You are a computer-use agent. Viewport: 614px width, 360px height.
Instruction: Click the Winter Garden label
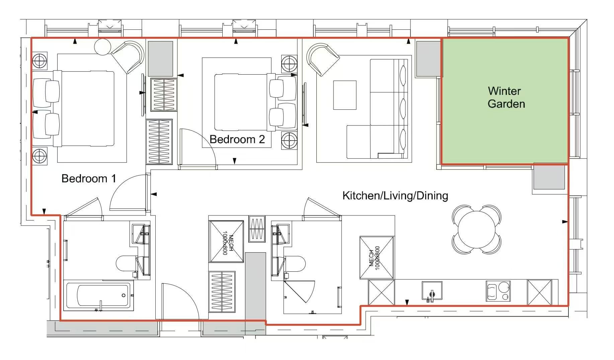pyautogui.click(x=506, y=97)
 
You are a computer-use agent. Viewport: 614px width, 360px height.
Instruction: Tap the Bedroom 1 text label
pyautogui.click(x=89, y=178)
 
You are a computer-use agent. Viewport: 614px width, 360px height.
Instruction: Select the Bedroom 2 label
pyautogui.click(x=237, y=139)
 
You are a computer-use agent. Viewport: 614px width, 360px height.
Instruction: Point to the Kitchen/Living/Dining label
pyautogui.click(x=395, y=195)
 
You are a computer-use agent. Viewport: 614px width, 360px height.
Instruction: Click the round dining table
pyautogui.click(x=477, y=230)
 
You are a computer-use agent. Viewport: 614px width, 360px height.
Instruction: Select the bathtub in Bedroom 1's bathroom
pyautogui.click(x=98, y=295)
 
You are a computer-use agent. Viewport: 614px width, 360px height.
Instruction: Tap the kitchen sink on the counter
pyautogui.click(x=432, y=291)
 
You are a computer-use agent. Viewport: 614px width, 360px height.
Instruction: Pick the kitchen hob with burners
pyautogui.click(x=498, y=291)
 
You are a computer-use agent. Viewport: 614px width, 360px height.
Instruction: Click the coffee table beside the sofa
pyautogui.click(x=344, y=95)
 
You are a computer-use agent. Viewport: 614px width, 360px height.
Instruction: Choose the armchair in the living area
pyautogui.click(x=323, y=59)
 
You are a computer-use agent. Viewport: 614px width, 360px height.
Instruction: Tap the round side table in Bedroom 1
pyautogui.click(x=102, y=47)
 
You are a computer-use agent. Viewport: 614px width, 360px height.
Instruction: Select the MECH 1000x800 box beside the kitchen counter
pyautogui.click(x=377, y=258)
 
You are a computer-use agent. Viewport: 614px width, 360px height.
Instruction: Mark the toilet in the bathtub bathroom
pyautogui.click(x=127, y=263)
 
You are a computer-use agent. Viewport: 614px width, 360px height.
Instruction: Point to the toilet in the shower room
pyautogui.click(x=295, y=264)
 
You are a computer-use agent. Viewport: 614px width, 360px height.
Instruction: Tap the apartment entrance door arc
pyautogui.click(x=187, y=294)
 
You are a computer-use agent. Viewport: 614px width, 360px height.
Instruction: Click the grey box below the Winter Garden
pyautogui.click(x=549, y=177)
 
